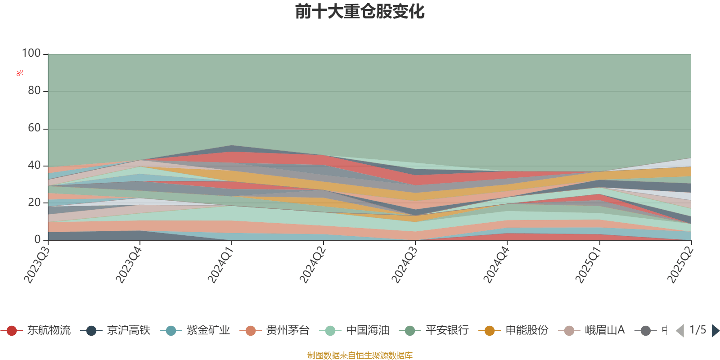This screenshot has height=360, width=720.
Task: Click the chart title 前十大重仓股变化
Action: pos(360,12)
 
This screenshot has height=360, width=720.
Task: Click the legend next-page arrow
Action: pos(715,331)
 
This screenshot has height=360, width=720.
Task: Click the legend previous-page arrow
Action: pos(680,331)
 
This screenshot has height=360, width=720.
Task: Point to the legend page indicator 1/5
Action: pos(697,330)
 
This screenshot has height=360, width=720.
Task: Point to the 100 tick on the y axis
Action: pos(31,54)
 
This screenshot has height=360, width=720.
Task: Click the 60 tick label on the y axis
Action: pos(34,128)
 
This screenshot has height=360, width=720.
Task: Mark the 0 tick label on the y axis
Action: pos(38,240)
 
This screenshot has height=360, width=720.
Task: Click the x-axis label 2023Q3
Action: pos(37,265)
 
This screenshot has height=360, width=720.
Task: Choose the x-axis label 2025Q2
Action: pos(679,265)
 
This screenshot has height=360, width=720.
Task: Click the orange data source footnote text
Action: pos(360,355)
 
